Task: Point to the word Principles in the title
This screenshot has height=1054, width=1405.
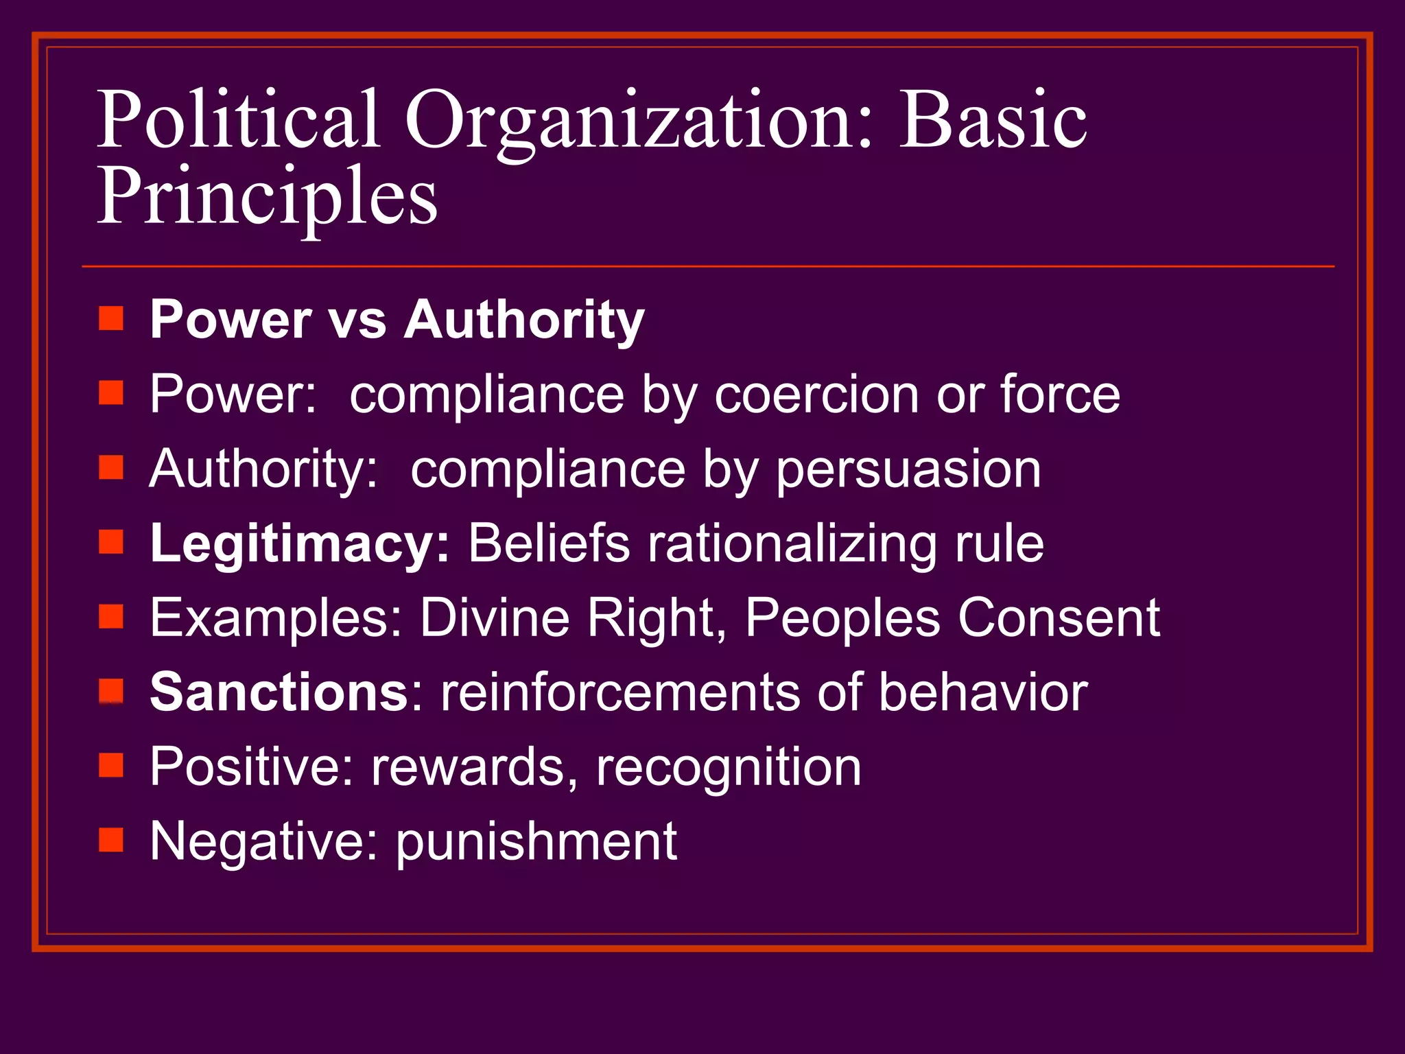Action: (267, 198)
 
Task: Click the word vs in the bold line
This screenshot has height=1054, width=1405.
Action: (357, 320)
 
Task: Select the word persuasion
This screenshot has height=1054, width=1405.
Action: (908, 470)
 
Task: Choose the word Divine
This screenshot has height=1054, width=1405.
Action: (495, 618)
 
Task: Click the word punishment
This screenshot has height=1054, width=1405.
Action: (536, 842)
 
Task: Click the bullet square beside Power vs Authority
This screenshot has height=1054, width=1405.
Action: (110, 318)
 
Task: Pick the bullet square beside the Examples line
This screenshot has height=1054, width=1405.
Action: (110, 616)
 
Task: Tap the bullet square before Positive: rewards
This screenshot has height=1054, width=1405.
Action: (110, 765)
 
